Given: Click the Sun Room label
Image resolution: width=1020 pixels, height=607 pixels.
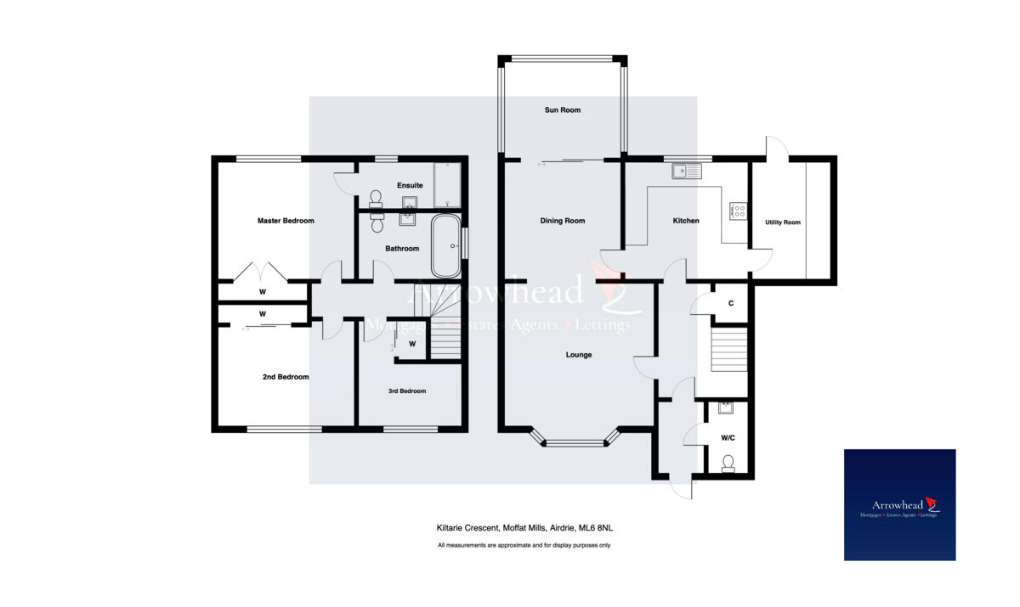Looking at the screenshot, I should tap(563, 110).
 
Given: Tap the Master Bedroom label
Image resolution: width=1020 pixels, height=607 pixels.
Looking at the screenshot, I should tap(286, 221).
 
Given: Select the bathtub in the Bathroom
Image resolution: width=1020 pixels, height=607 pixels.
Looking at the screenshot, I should tap(445, 246).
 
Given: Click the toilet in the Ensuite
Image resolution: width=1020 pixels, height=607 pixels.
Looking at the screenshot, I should tap(377, 197).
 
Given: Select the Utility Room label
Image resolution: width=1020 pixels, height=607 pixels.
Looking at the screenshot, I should tap(780, 222).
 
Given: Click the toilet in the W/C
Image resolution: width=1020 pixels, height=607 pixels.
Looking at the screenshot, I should tap(727, 464).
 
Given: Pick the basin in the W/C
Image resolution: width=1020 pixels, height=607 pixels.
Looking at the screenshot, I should tap(724, 408).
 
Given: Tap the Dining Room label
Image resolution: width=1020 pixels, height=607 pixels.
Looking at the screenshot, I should tap(563, 221).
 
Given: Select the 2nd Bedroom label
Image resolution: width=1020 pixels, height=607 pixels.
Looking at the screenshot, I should tap(286, 377).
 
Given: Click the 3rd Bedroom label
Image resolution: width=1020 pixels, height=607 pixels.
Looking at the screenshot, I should tap(407, 391).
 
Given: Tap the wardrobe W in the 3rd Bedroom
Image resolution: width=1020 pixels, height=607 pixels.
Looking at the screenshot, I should tap(411, 344).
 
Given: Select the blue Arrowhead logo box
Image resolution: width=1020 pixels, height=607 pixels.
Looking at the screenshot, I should tap(899, 504).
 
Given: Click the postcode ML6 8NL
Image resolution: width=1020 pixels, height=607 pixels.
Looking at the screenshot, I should tap(594, 528).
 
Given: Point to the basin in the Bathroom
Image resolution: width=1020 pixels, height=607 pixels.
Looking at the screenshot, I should tap(407, 219).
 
